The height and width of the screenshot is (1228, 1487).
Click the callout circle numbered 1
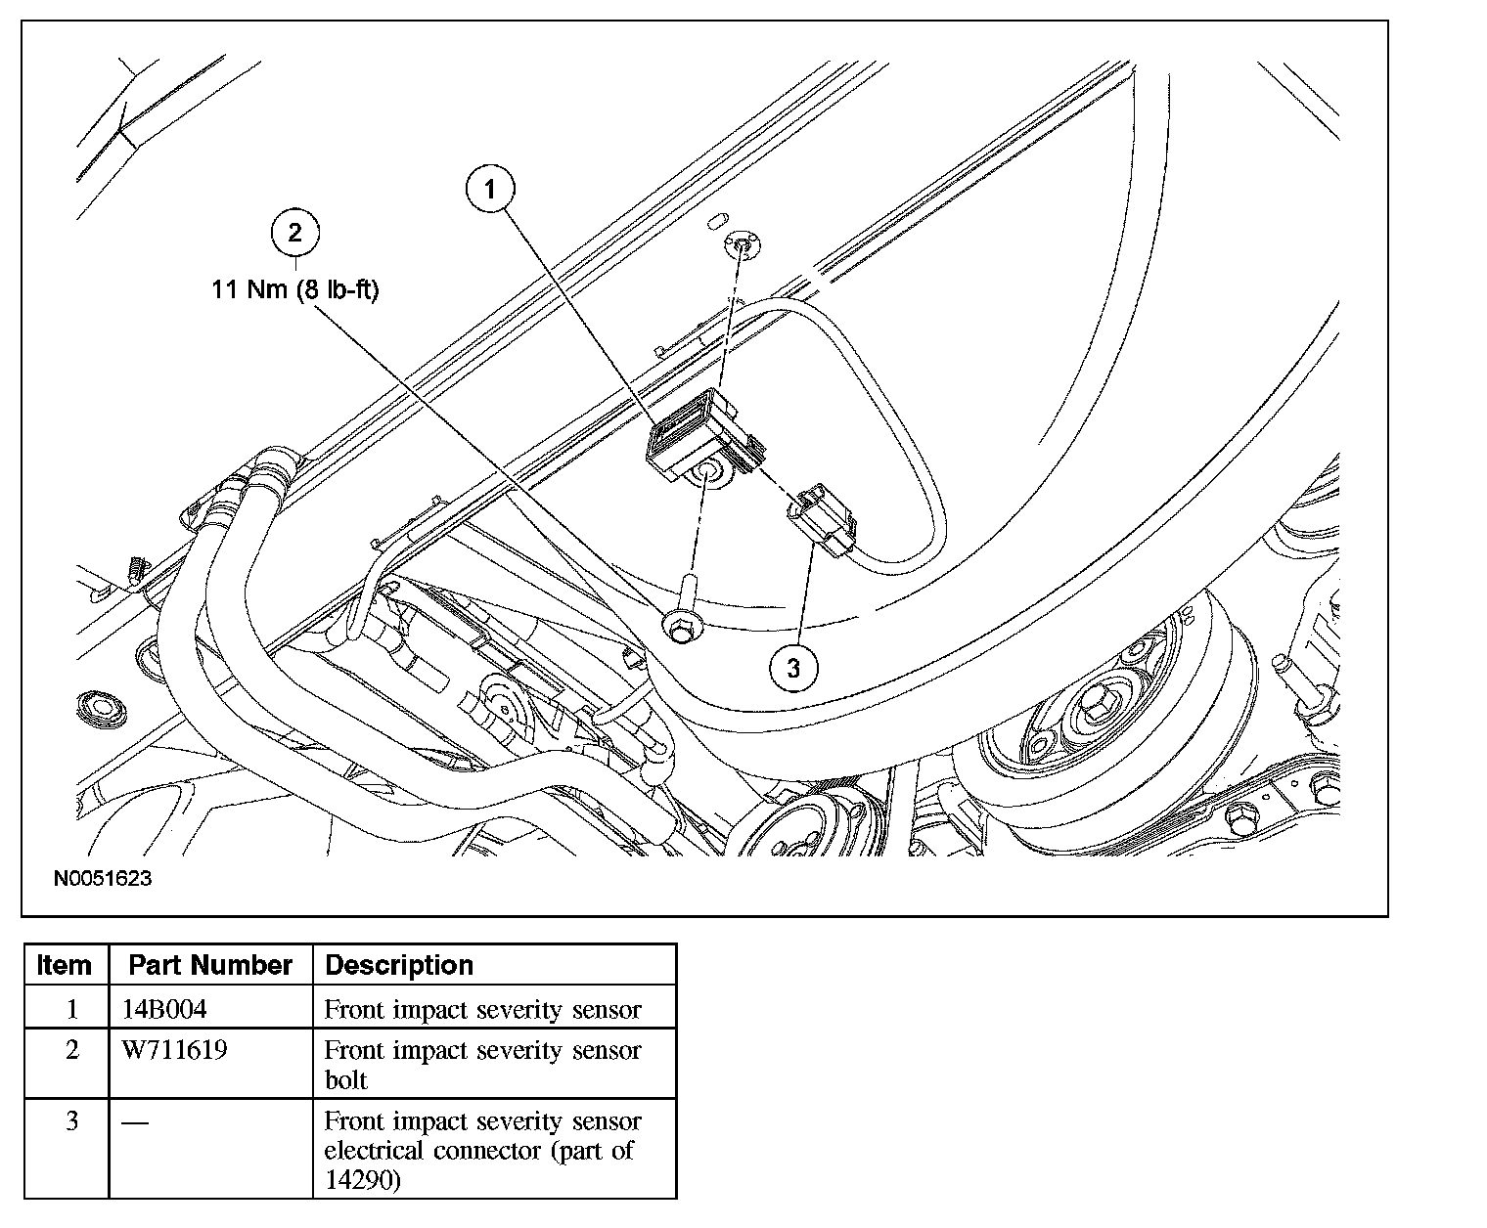pos(490,189)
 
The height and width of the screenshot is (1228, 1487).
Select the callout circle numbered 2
pos(295,232)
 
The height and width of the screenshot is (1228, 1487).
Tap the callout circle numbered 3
pos(792,668)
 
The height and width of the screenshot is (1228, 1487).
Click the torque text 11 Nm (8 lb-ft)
pos(295,290)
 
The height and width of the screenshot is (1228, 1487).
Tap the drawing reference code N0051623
pos(103,878)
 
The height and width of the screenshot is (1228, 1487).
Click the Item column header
pos(65,965)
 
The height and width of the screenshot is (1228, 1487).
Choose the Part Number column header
pos(210,965)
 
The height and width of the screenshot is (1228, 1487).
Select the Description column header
pos(399,965)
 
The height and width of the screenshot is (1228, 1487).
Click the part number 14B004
pos(164,1008)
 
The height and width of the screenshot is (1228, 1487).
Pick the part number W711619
pos(174,1050)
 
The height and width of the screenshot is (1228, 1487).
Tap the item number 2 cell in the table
pos(71,1050)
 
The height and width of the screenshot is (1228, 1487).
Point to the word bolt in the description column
pos(345,1080)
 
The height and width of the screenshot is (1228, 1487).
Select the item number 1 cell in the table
pos(71,1008)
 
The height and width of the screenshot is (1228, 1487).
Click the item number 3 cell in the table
pos(71,1120)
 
